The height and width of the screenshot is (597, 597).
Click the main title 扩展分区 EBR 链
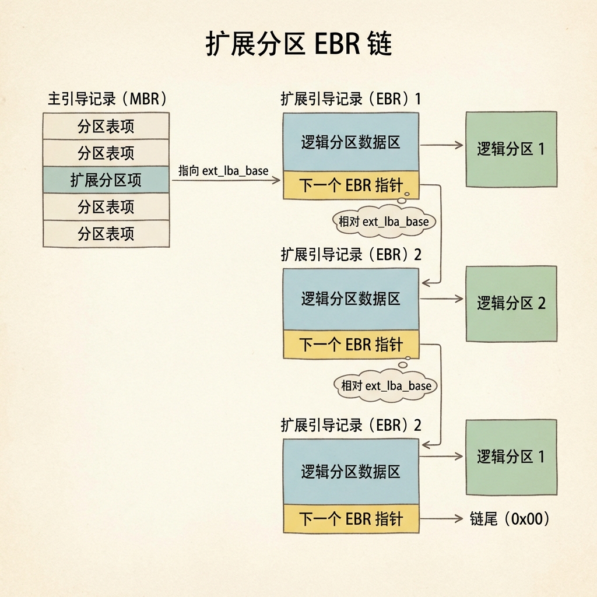coord(298,43)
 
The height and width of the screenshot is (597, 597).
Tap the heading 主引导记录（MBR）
coord(107,99)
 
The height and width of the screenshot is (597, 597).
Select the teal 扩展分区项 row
coord(106,180)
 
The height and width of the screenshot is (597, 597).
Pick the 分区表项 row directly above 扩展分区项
coord(106,153)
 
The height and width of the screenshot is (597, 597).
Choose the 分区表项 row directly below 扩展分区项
coord(106,207)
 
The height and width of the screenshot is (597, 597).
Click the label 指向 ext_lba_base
coord(223,171)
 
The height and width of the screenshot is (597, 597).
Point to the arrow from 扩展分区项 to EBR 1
coord(226,180)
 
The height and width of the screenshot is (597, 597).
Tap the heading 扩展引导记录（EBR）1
coord(351,99)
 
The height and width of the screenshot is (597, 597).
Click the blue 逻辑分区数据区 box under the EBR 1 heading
coord(351,142)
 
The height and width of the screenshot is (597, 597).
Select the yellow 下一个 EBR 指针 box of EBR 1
coord(351,185)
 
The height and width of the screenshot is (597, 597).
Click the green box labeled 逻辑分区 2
coord(511,303)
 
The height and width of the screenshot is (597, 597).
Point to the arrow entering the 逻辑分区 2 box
coord(442,299)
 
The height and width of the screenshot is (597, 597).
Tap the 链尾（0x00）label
coord(510,518)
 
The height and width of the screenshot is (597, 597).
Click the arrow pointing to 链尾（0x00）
coord(441,518)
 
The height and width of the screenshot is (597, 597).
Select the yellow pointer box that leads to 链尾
coord(351,518)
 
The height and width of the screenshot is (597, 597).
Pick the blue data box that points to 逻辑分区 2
coord(351,299)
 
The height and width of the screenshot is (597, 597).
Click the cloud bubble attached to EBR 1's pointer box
coord(384,221)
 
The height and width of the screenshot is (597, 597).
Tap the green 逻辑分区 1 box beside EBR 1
coord(511,149)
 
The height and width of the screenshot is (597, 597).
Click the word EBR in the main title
coord(338,44)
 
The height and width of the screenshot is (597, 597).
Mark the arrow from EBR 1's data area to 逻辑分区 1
coord(442,145)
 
